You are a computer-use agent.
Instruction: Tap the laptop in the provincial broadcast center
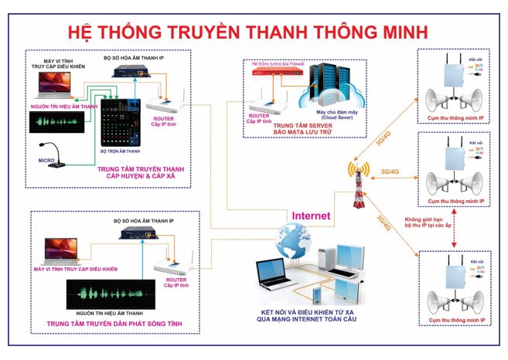pyautogui.click(x=55, y=248)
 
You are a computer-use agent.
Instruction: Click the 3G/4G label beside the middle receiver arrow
pyautogui.click(x=390, y=172)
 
